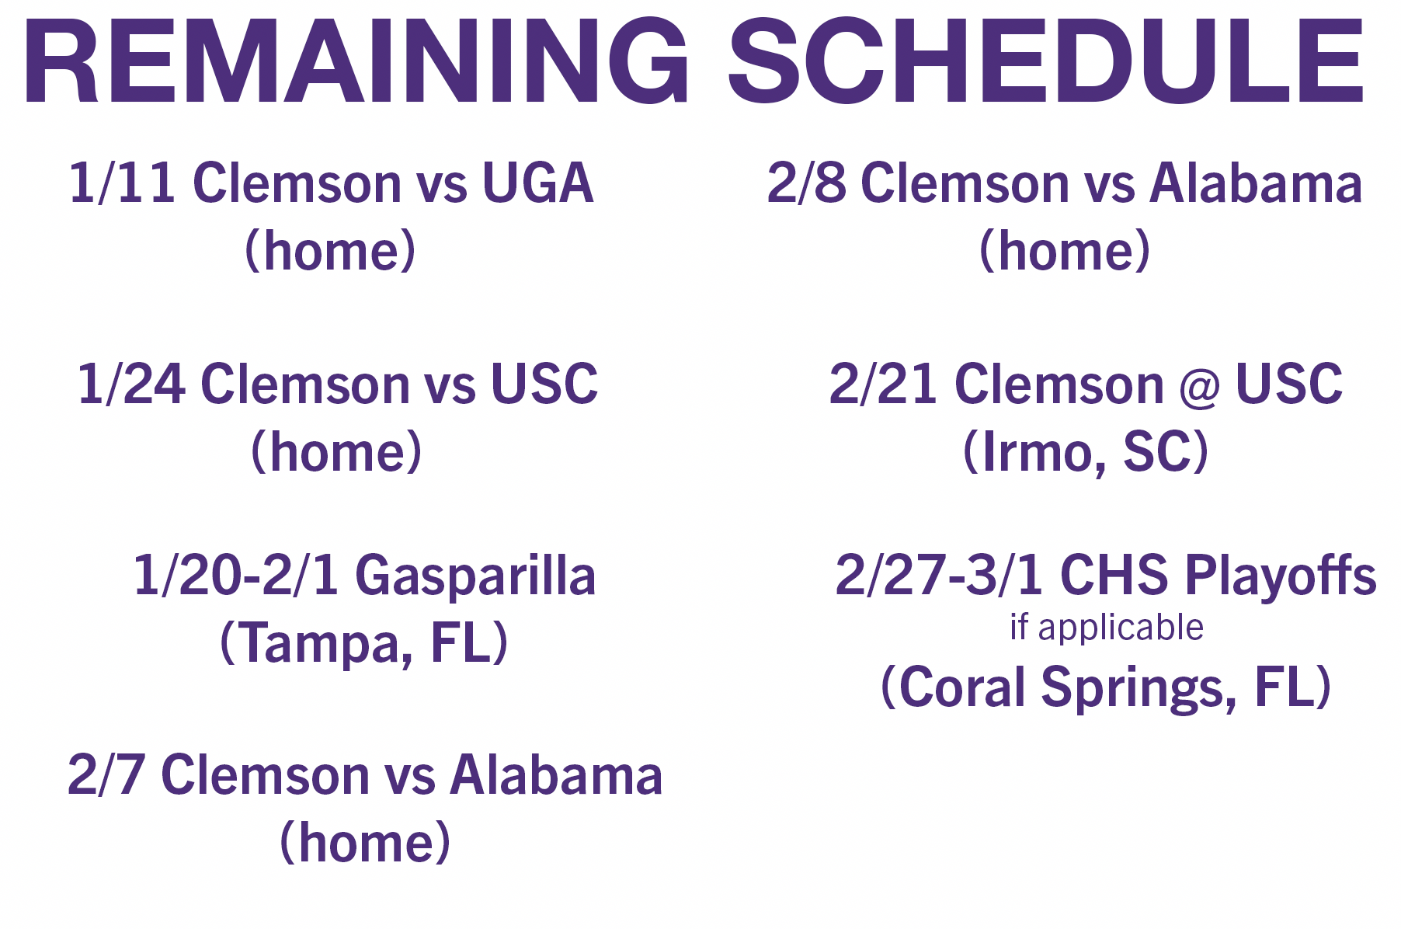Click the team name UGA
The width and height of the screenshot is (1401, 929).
click(538, 183)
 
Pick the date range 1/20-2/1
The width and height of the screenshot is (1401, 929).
click(235, 576)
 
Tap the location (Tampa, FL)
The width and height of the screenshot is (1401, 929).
click(364, 644)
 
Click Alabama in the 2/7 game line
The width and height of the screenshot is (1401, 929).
click(557, 774)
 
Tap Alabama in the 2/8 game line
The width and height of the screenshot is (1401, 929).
click(1256, 183)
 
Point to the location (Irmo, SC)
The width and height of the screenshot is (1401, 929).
click(1086, 452)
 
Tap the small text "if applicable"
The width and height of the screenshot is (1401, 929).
click(1107, 628)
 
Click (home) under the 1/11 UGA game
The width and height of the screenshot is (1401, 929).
click(331, 251)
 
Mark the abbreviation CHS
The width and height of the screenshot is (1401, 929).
click(1114, 576)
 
